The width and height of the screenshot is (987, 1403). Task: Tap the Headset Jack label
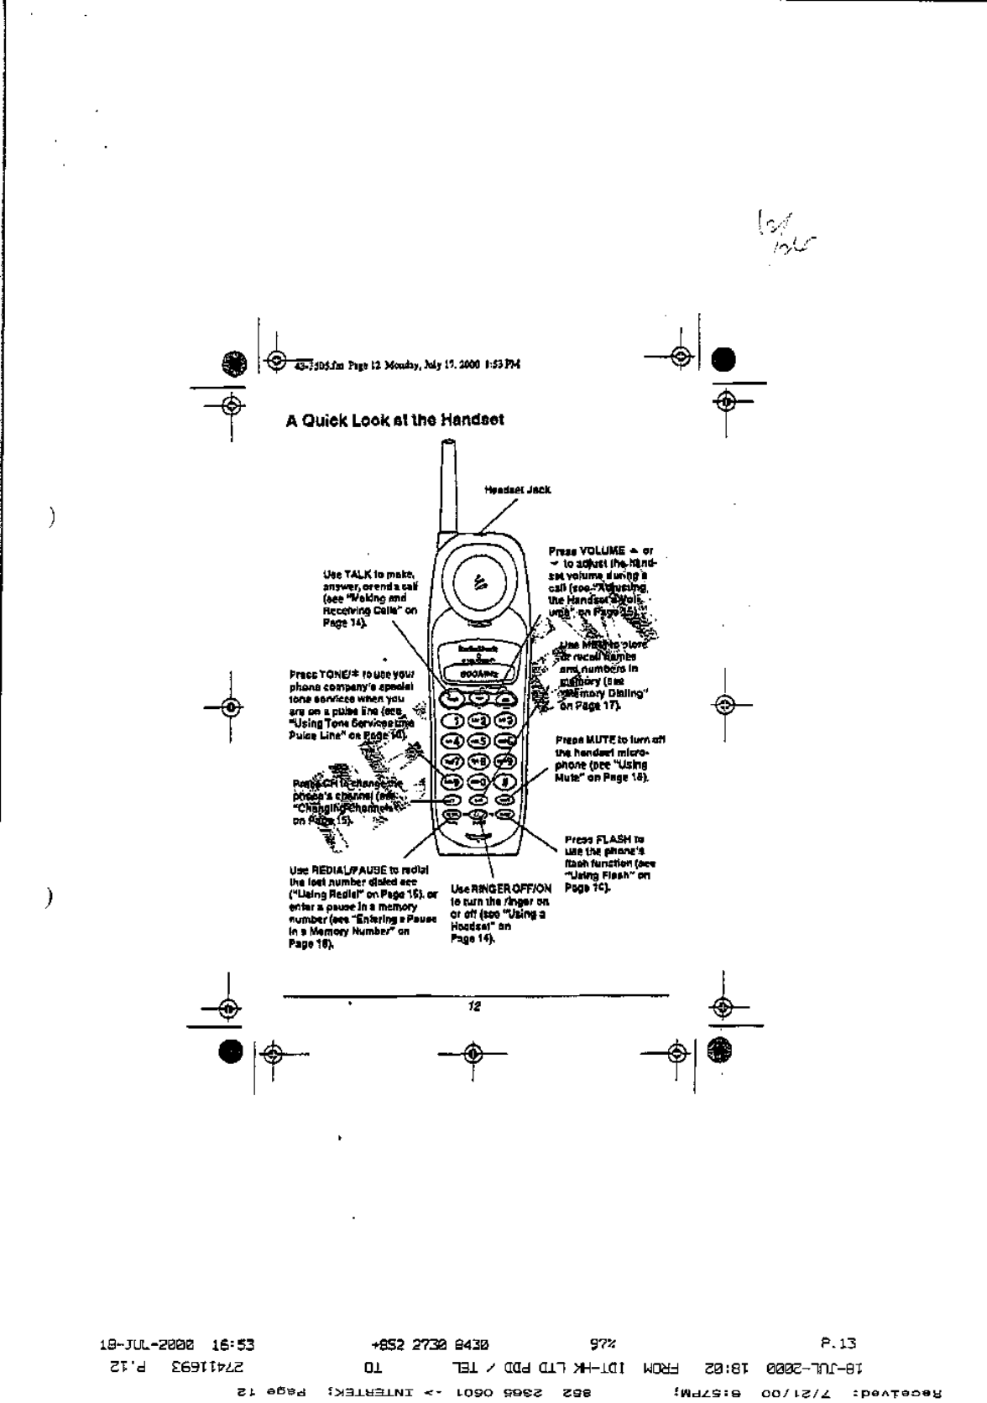tap(518, 489)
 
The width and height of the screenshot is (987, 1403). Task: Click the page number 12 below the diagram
tap(474, 1007)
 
